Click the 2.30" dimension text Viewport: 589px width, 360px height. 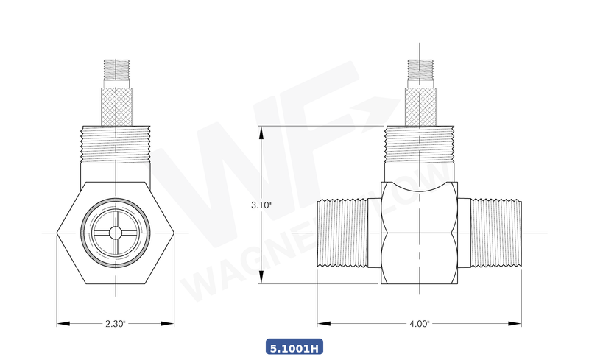pos(116,323)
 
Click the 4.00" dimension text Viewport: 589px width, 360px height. pos(419,323)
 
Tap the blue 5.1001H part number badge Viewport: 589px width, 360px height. pos(294,347)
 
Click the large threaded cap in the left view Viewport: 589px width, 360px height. pos(116,144)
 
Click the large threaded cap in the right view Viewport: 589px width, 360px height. pos(420,144)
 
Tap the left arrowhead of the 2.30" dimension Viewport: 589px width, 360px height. pos(61,323)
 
